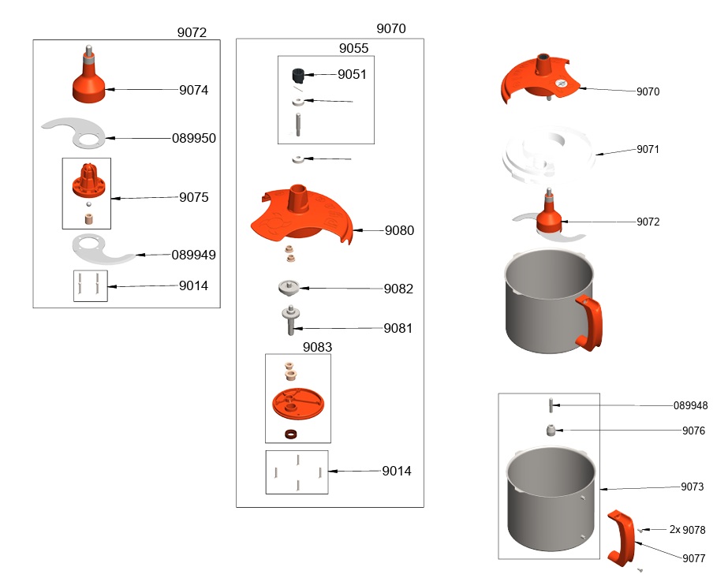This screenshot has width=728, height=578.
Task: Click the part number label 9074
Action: tap(193, 90)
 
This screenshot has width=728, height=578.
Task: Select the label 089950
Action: tap(194, 138)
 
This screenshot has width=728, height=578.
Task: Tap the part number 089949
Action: tap(194, 255)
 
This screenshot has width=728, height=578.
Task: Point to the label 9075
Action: tap(193, 197)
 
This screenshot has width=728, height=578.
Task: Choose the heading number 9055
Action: tap(353, 48)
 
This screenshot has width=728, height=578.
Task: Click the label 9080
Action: tap(399, 231)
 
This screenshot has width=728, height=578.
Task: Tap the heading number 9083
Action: tap(318, 346)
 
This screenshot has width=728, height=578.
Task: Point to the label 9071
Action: tap(648, 149)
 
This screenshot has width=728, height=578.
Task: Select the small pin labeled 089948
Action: tap(550, 405)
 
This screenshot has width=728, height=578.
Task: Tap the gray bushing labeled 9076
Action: tap(550, 431)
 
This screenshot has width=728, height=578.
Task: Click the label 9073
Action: tap(693, 487)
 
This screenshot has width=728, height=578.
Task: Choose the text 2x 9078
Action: tap(687, 530)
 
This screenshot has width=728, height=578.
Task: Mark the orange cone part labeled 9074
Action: tap(90, 84)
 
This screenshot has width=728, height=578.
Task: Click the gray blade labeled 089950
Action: tap(75, 133)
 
